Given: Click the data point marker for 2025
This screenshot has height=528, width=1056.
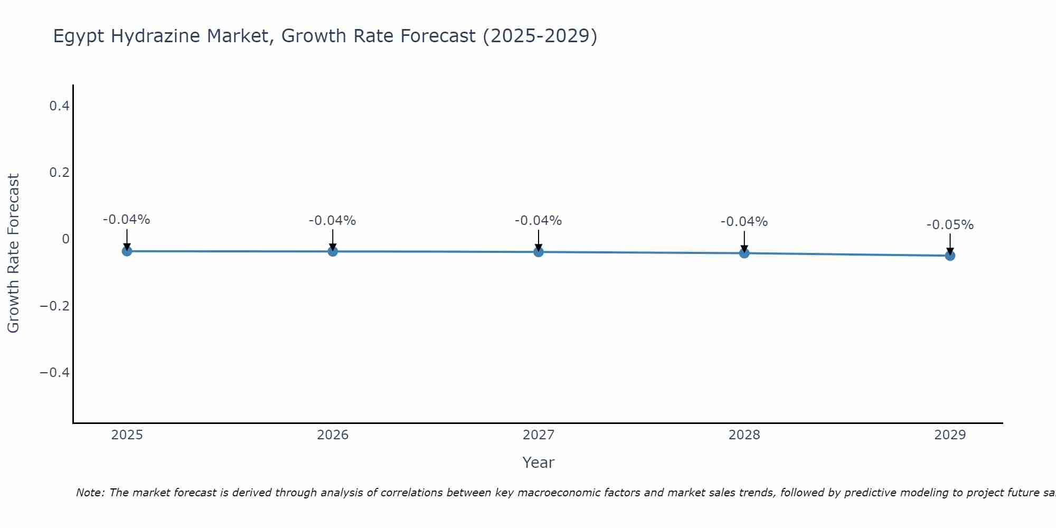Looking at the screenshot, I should (x=127, y=251).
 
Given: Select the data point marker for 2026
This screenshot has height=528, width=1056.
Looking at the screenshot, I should (x=333, y=251).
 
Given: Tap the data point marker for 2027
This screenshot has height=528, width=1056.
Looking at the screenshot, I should (x=539, y=252).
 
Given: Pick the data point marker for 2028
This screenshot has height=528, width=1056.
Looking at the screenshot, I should (x=744, y=253).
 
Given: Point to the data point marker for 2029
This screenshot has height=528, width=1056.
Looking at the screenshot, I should (x=950, y=256).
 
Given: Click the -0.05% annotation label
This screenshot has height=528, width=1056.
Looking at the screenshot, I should (x=950, y=225).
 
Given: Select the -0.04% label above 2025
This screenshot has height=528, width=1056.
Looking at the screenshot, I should (x=127, y=220).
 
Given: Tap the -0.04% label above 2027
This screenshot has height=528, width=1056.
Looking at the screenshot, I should (x=539, y=221).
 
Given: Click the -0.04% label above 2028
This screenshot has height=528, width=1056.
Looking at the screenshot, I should (x=744, y=222).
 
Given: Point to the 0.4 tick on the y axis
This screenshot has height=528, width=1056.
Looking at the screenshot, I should (x=59, y=106).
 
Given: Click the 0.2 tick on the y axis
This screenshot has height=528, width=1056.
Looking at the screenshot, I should (x=59, y=173).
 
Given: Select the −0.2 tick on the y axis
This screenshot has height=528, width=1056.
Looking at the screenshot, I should (x=55, y=306).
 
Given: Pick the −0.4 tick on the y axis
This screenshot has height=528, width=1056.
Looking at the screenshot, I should (x=55, y=373).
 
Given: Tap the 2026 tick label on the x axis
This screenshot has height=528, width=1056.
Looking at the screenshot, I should (x=333, y=435).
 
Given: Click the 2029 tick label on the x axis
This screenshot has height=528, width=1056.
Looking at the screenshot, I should (x=950, y=435).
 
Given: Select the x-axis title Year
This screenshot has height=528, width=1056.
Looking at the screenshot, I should (x=538, y=463).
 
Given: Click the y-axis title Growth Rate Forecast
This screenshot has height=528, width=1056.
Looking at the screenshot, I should (x=13, y=253).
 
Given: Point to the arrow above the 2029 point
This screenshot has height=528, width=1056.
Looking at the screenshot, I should (x=950, y=244).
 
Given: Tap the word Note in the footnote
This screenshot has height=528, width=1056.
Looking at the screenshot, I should (x=90, y=493).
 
